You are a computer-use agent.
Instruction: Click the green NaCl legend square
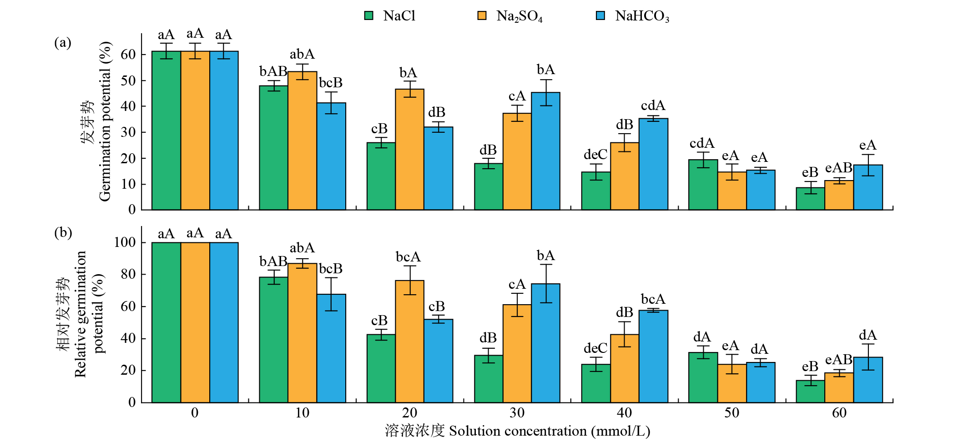pyautogui.click(x=369, y=16)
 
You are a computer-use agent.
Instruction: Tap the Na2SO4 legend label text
pyautogui.click(x=519, y=16)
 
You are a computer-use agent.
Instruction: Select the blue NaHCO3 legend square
pyautogui.click(x=600, y=16)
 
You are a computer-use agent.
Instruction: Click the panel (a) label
pyautogui.click(x=63, y=42)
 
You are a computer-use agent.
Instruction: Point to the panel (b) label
pyautogui.click(x=63, y=232)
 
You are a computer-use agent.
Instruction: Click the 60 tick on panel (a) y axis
pyautogui.click(x=128, y=55)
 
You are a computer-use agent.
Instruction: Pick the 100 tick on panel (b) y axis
pyautogui.click(x=125, y=242)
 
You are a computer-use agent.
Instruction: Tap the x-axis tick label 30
pyautogui.click(x=517, y=413)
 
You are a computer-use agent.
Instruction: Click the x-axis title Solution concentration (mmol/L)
pyautogui.click(x=550, y=431)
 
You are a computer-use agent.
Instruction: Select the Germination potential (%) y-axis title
pyautogui.click(x=105, y=121)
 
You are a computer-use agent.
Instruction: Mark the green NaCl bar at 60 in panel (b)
pyautogui.click(x=810, y=392)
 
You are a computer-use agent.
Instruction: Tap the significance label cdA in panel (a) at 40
pyautogui.click(x=653, y=106)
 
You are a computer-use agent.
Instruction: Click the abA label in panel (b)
pyautogui.click(x=302, y=248)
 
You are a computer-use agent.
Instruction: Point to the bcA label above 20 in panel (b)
pyautogui.click(x=408, y=257)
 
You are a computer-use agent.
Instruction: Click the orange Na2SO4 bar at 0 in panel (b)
pyautogui.click(x=195, y=322)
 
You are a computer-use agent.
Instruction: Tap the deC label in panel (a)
pyautogui.click(x=595, y=155)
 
